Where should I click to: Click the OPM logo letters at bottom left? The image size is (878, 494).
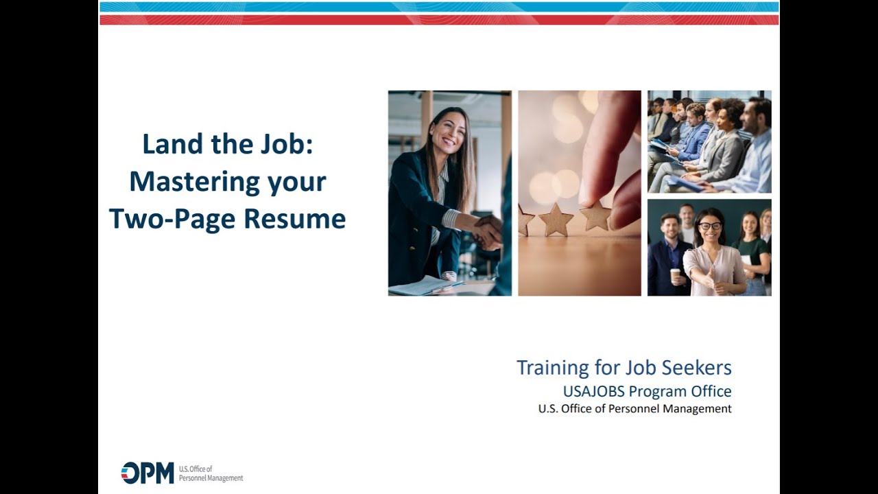(147, 473)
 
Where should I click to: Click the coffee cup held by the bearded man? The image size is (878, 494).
(675, 274)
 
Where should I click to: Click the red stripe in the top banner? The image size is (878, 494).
(439, 20)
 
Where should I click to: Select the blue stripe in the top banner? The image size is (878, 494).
(439, 7)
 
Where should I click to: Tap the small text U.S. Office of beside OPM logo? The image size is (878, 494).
(195, 469)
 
